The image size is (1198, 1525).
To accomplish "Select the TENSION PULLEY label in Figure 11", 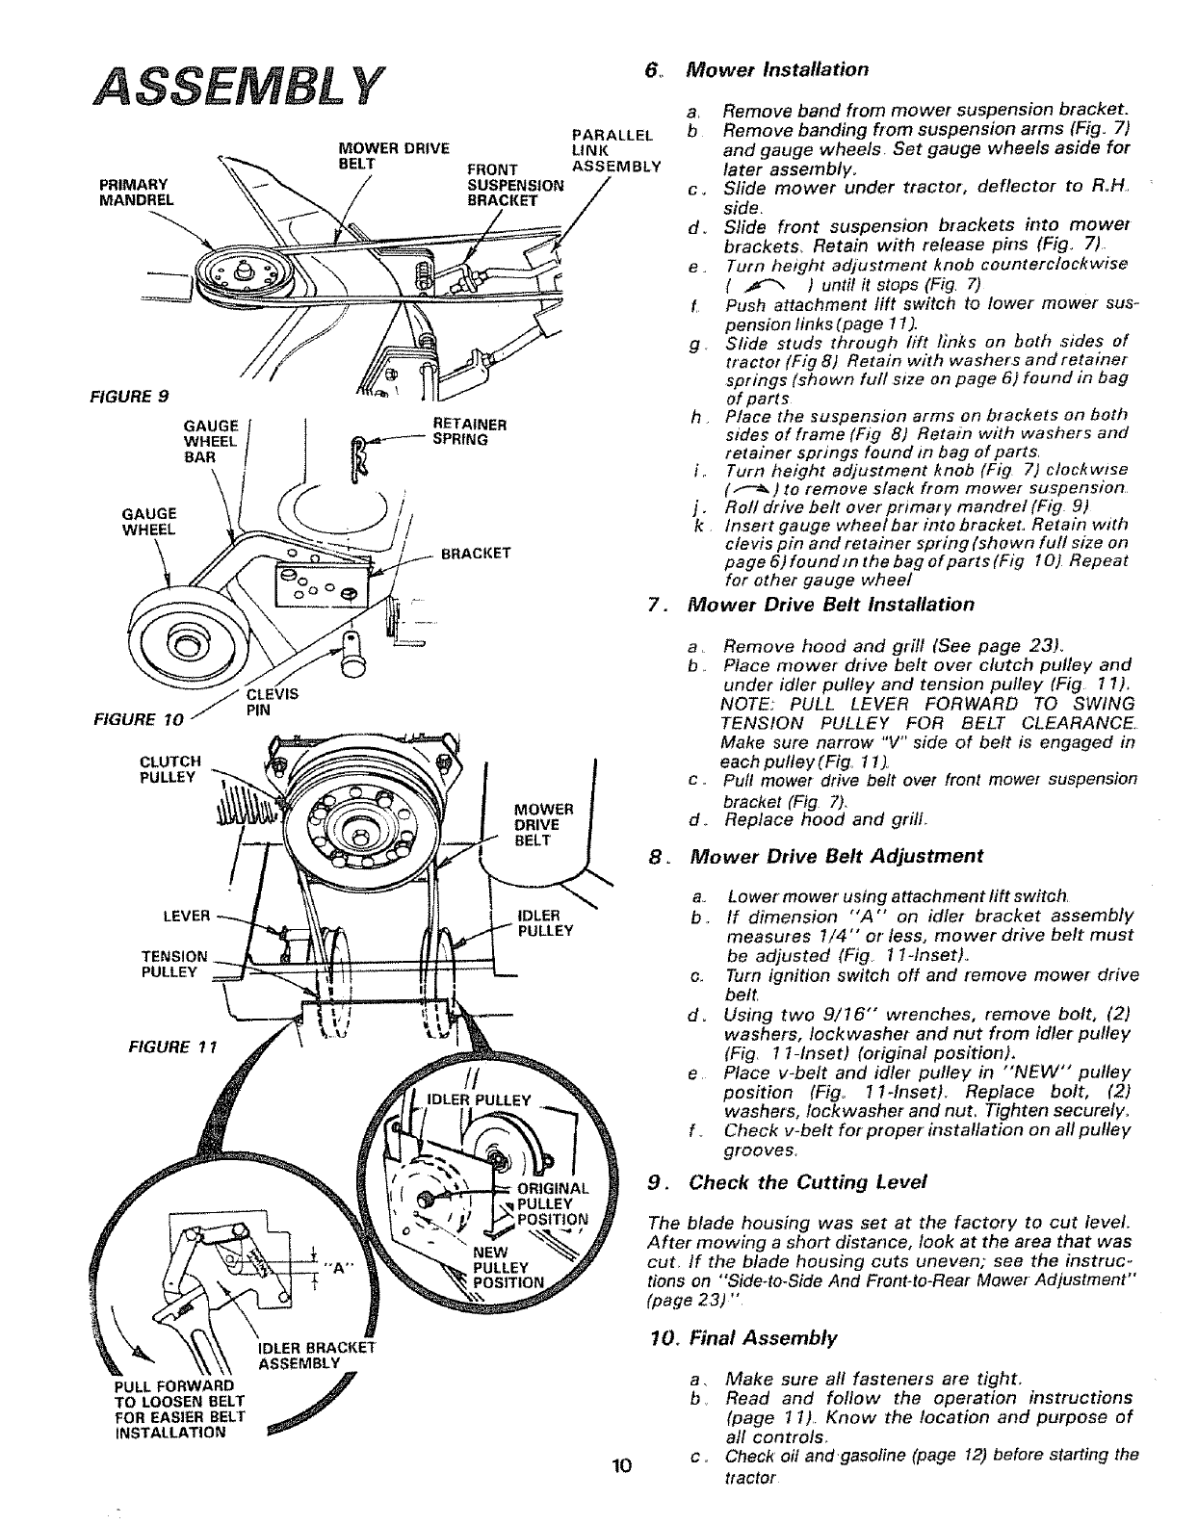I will [x=173, y=964].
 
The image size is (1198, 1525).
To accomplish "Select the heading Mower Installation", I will [x=776, y=69].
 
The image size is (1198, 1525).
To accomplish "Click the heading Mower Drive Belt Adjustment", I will [x=836, y=857].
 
